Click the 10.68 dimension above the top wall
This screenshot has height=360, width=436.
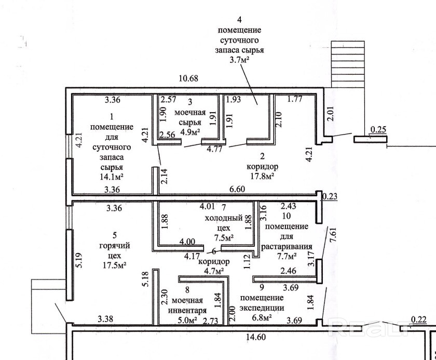click(189, 78)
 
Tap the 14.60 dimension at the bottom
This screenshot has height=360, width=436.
click(256, 337)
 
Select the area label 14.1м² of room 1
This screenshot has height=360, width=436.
click(112, 177)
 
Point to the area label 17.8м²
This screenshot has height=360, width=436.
click(262, 177)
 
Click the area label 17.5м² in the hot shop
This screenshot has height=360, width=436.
click(115, 265)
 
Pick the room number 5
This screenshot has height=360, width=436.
click(115, 236)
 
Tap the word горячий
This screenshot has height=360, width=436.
click(115, 246)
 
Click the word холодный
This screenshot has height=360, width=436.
click(224, 218)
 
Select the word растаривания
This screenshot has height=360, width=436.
click(287, 247)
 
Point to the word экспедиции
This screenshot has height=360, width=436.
click(262, 308)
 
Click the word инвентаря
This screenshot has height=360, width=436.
click(187, 311)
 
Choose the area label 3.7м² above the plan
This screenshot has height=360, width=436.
click(239, 60)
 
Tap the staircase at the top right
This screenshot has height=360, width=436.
click(348, 64)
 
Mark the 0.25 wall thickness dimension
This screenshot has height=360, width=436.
click(378, 130)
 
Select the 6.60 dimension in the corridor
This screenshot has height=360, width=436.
click(237, 189)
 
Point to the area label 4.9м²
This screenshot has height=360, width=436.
click(190, 132)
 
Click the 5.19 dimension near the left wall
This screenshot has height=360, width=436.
click(79, 260)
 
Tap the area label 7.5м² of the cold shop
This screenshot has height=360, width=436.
click(224, 238)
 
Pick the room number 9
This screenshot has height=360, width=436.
click(262, 287)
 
